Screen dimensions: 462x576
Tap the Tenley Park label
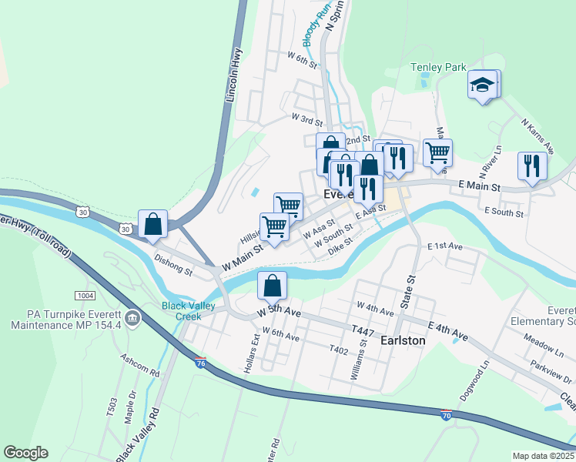[438, 68]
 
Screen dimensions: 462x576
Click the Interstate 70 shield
[447, 415]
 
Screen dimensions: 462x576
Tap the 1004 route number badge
[84, 296]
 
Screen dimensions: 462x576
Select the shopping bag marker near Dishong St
[153, 224]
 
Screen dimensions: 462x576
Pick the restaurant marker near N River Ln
[531, 165]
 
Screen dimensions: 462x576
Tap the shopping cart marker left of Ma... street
[437, 152]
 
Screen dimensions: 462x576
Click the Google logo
[25, 453]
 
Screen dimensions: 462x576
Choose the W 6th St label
[302, 60]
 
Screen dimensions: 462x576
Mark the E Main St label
[479, 187]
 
